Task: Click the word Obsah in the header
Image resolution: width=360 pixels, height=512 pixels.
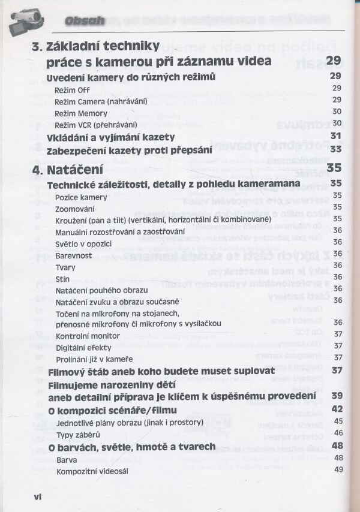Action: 84,21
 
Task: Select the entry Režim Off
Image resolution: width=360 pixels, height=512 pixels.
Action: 72,89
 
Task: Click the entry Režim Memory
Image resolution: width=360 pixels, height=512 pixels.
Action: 81,112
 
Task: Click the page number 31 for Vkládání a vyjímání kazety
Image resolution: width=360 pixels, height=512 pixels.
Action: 336,137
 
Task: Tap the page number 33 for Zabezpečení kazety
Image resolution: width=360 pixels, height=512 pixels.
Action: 336,149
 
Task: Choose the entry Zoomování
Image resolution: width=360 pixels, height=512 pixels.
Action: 75,208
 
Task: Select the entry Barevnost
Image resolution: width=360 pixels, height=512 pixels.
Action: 74,255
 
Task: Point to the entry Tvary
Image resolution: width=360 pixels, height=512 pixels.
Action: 65,267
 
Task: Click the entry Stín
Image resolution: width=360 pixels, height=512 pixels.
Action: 62,278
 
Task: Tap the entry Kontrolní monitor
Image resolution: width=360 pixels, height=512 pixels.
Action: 88,336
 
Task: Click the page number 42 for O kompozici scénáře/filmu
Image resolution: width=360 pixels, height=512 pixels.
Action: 337,409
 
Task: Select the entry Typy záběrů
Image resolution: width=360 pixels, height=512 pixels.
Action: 78,434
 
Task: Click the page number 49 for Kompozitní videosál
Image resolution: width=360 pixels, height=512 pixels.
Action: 338,470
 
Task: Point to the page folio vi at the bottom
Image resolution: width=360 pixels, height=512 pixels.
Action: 37,496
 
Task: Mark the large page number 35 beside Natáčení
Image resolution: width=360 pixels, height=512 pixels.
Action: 334,168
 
